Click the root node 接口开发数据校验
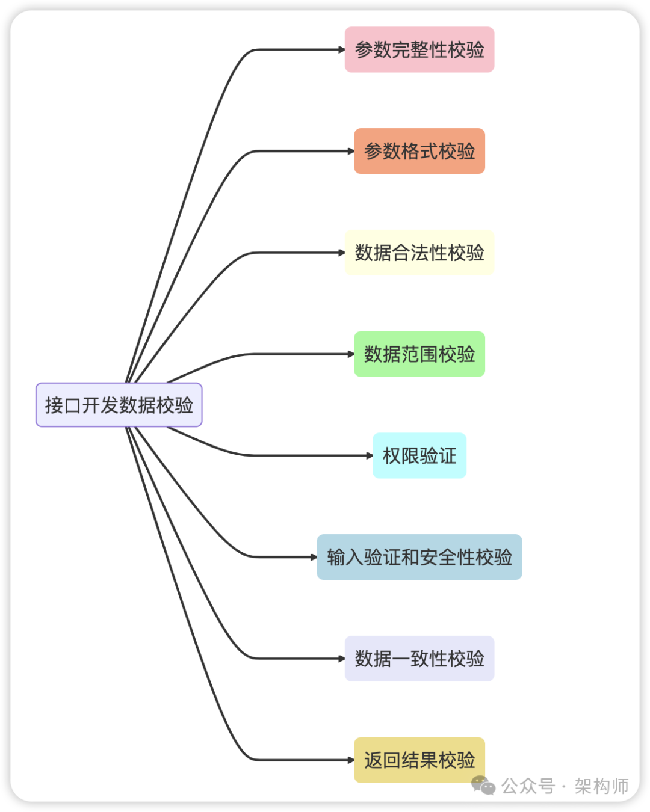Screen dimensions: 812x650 [119, 405]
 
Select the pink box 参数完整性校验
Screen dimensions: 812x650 [419, 49]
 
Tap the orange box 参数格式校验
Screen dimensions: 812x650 [419, 151]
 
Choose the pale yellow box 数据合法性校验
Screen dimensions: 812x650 [419, 253]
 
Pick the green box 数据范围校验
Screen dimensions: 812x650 [419, 354]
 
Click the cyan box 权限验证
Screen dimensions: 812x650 [419, 455]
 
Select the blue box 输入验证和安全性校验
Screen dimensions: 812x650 [419, 557]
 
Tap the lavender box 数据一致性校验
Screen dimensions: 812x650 [419, 659]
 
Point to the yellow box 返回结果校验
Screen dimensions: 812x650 [419, 760]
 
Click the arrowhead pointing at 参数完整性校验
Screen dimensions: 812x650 [341, 49]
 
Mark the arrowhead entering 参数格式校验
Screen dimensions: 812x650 [350, 151]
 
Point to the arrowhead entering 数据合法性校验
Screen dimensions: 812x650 [341, 253]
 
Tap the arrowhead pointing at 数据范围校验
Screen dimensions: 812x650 [350, 354]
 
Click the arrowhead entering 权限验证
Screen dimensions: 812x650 [369, 455]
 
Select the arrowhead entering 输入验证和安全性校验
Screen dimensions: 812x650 [314, 557]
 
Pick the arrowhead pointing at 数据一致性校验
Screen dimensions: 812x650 [341, 659]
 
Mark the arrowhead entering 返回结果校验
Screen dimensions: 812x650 [350, 760]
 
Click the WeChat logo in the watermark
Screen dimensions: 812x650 [483, 785]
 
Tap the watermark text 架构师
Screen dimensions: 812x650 [601, 786]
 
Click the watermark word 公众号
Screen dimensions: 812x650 [528, 786]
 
